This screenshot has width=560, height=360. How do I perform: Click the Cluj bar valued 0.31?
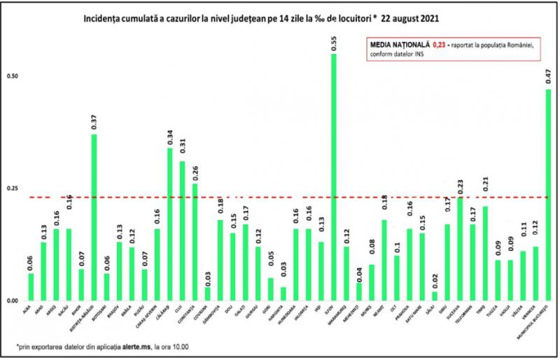(x=182, y=230)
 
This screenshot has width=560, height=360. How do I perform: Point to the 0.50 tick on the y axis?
(x=11, y=76)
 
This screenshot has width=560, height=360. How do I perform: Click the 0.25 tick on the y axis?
(x=11, y=188)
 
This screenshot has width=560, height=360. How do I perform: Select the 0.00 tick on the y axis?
(x=11, y=300)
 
